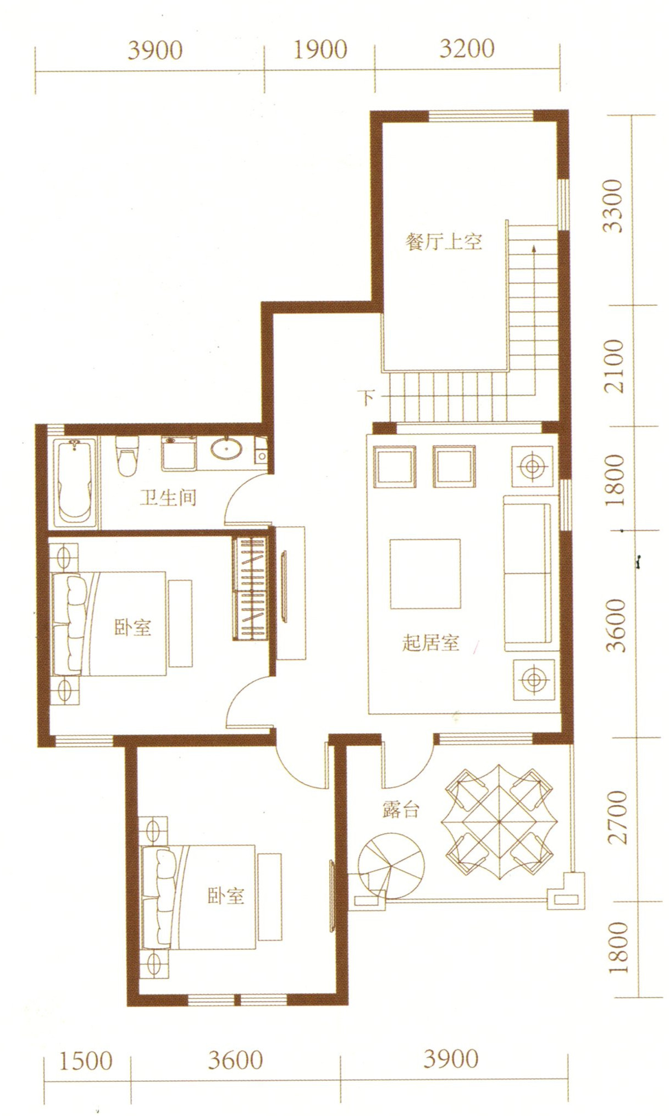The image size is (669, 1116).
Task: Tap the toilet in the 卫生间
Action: click(x=126, y=456)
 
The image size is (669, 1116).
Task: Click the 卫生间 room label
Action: click(x=167, y=497)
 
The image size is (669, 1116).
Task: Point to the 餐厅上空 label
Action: click(x=443, y=241)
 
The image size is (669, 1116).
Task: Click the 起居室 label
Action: click(x=430, y=642)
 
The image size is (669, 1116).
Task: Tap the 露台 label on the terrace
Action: click(x=401, y=810)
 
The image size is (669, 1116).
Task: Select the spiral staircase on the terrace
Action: click(x=391, y=869)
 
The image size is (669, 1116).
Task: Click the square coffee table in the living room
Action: click(x=425, y=574)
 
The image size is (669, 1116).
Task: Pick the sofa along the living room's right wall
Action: click(x=527, y=569)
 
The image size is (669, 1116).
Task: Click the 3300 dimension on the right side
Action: click(x=613, y=206)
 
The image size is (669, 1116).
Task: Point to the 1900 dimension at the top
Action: click(x=320, y=50)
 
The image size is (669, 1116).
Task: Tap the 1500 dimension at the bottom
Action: click(x=85, y=1061)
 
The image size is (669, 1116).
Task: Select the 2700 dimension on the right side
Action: click(x=617, y=817)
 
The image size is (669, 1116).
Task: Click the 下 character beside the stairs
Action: click(x=368, y=397)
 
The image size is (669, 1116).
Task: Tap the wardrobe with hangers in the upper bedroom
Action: click(x=250, y=589)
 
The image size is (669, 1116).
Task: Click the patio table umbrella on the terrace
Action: click(x=499, y=822)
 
